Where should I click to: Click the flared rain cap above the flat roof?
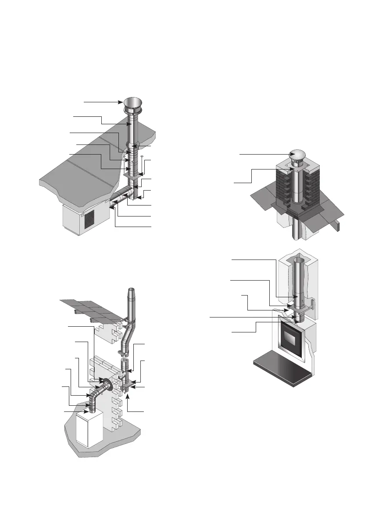[x=132, y=105]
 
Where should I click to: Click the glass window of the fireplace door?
[x=292, y=341]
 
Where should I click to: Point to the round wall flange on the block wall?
[x=106, y=383]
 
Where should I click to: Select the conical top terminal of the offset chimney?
[x=131, y=293]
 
